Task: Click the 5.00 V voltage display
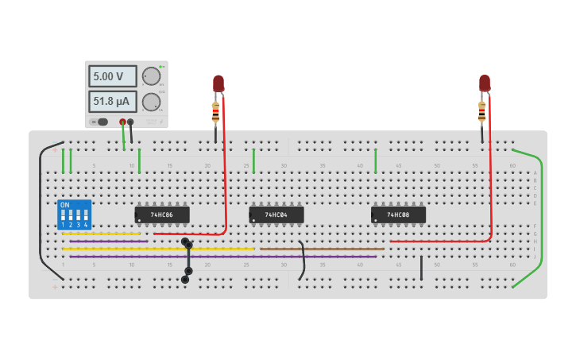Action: click(x=112, y=76)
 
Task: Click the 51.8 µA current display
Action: click(x=112, y=102)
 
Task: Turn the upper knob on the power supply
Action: click(x=151, y=76)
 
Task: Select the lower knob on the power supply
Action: click(x=151, y=102)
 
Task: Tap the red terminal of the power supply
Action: click(x=122, y=122)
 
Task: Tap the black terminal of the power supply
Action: click(x=130, y=122)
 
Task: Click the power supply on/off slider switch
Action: click(x=100, y=122)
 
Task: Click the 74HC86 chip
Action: click(x=162, y=215)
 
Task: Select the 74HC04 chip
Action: click(x=276, y=215)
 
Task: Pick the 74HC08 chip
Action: click(x=398, y=215)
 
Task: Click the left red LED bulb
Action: click(x=218, y=83)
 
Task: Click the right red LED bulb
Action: click(x=485, y=83)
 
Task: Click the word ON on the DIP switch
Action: click(x=65, y=205)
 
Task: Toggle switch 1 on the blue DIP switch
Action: click(x=63, y=215)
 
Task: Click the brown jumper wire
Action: click(x=322, y=249)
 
